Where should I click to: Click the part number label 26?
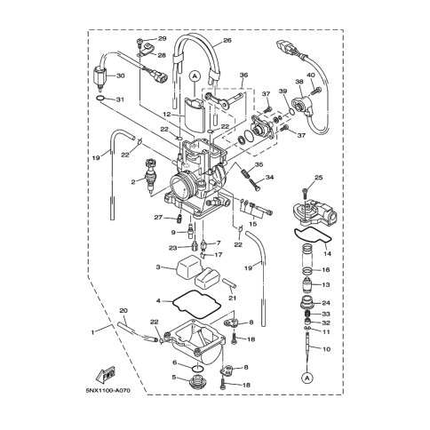click(227, 40)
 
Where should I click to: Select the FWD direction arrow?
click(106, 375)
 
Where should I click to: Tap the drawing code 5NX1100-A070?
click(108, 391)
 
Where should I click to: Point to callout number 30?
click(121, 76)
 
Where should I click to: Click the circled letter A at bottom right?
click(307, 378)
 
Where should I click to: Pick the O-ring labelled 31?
click(100, 99)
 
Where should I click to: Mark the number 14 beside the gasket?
click(327, 254)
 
